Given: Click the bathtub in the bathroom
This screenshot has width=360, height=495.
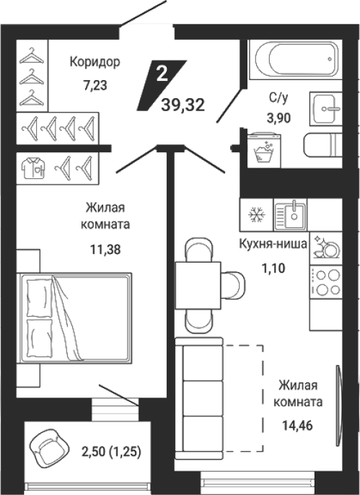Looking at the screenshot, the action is [x=296, y=59].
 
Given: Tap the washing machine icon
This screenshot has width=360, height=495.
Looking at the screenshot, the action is [x=264, y=150].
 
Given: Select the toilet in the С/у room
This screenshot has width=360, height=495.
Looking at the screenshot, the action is [x=322, y=144].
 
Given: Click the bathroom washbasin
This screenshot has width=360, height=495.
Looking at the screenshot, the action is [x=326, y=108].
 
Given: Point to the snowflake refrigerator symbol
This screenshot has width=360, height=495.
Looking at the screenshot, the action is [x=257, y=215].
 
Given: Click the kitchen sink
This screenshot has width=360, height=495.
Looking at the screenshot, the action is [x=290, y=215].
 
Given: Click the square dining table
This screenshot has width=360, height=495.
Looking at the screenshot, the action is [x=198, y=286].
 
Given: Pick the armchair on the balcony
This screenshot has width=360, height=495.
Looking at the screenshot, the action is [x=49, y=446].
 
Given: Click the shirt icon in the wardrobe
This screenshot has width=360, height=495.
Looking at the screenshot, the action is [x=33, y=168].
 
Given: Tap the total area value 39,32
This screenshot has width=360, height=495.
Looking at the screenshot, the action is [x=183, y=105].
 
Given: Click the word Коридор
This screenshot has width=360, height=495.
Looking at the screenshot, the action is [x=95, y=62].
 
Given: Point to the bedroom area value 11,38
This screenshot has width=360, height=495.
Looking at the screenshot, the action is [x=105, y=250].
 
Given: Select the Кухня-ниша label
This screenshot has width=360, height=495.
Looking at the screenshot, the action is [x=273, y=244].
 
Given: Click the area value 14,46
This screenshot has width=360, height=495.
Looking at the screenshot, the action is [x=297, y=426].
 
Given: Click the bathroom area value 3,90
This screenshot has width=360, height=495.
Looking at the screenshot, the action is [x=278, y=118].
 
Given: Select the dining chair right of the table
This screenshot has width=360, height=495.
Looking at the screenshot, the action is [x=233, y=286].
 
